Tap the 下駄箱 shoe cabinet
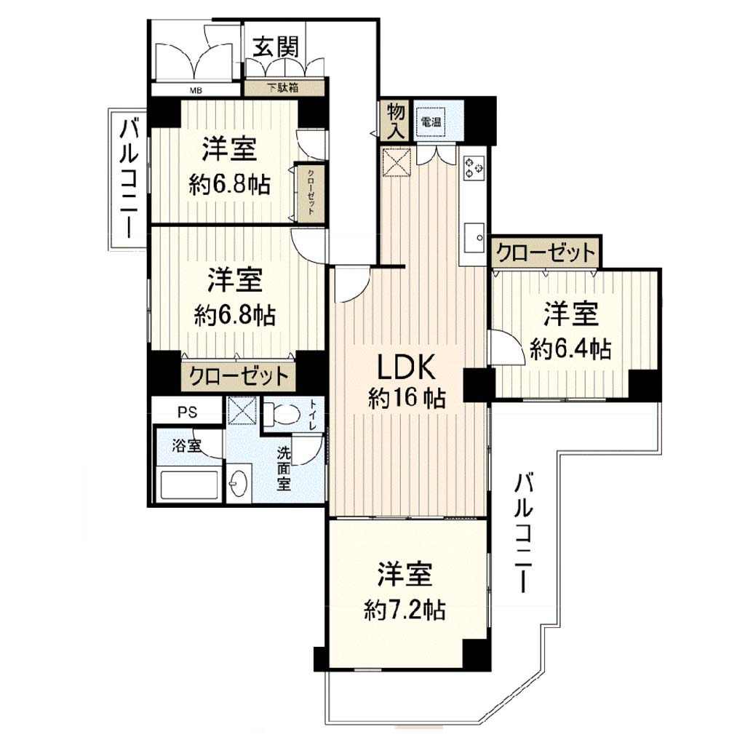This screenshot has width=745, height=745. (284, 88)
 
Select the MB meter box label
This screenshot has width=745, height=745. (196, 90)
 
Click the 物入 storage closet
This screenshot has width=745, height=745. (395, 121)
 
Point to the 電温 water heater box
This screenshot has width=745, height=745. (431, 121)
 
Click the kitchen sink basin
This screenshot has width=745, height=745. (473, 238)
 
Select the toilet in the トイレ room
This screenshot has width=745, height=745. (283, 413)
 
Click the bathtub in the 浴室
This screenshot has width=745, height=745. (188, 484)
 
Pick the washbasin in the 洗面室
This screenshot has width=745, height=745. (239, 483)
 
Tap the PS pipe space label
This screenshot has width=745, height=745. (188, 412)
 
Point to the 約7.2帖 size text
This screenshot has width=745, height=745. (405, 610)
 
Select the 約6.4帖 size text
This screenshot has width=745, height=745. (570, 349)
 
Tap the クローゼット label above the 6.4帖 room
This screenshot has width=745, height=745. (546, 252)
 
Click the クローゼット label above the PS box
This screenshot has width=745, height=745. (239, 376)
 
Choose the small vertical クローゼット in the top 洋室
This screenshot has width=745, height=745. (310, 192)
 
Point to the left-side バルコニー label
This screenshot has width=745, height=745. (128, 178)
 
